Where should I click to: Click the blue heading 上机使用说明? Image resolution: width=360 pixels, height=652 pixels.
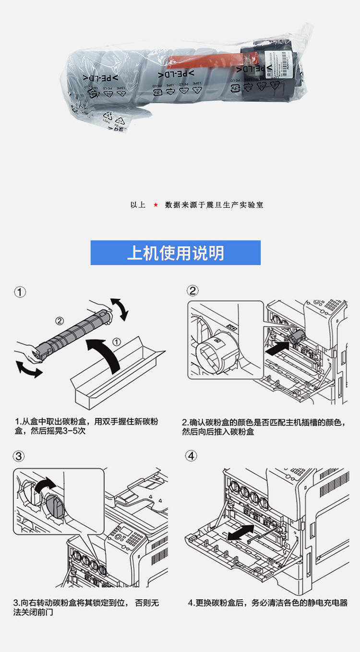click(175, 253)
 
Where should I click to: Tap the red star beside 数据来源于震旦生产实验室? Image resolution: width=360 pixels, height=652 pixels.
click(156, 205)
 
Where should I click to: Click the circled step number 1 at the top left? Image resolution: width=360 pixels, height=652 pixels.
click(20, 292)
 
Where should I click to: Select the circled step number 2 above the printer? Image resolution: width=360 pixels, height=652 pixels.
click(192, 291)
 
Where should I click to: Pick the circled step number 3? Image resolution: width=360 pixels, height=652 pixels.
click(19, 456)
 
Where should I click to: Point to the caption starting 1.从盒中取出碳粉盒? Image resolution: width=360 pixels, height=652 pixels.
click(86, 427)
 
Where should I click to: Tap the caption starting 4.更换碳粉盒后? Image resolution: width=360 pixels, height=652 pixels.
click(267, 603)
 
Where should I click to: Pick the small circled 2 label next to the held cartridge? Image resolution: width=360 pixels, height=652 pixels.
click(59, 320)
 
